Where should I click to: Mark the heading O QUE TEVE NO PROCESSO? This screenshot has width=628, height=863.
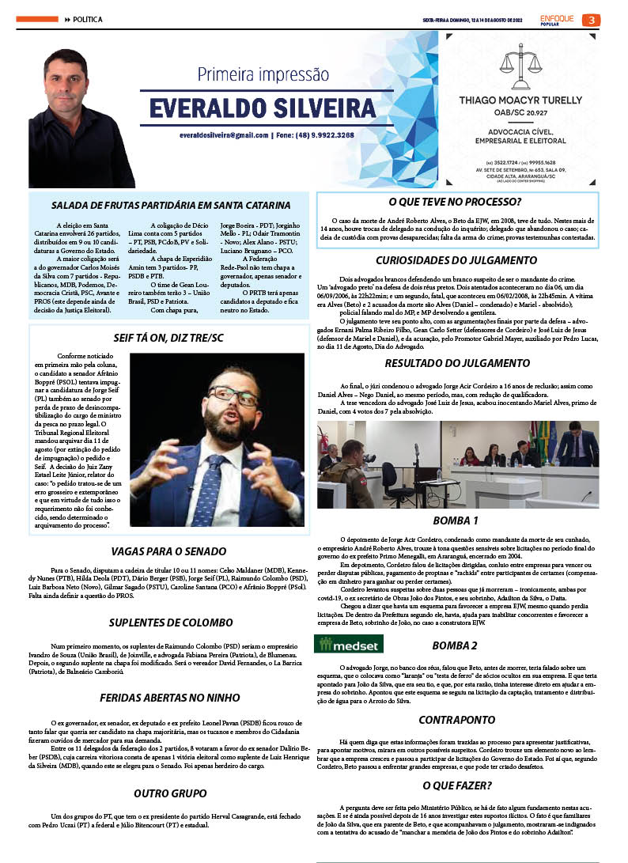click(x=460, y=202)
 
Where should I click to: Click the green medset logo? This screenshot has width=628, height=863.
click(x=339, y=645)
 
